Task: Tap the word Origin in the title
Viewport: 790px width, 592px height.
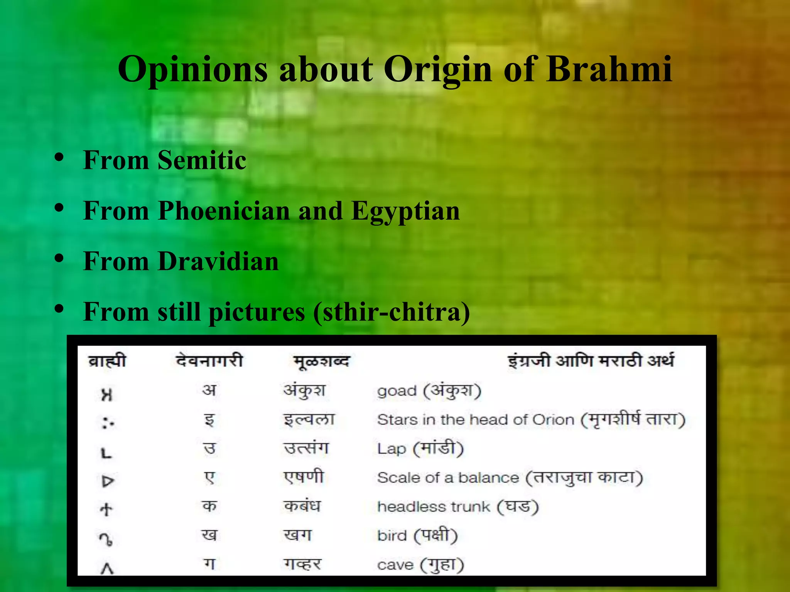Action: [x=438, y=69]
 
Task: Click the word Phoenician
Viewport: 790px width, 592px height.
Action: [x=224, y=211]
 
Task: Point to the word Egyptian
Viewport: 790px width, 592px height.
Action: [x=405, y=211]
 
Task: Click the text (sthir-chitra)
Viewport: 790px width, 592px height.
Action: [x=392, y=312]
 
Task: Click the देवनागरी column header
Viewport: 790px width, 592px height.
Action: [x=209, y=361]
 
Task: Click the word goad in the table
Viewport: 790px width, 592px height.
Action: [x=397, y=391]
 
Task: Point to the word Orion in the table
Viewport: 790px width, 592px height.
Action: [x=553, y=420]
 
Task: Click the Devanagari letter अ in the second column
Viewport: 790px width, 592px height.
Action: [x=209, y=390]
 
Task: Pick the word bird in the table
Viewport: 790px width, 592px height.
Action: [x=392, y=535]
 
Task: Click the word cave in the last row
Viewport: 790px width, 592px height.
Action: [x=395, y=565]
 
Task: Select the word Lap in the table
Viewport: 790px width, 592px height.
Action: [x=391, y=449]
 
